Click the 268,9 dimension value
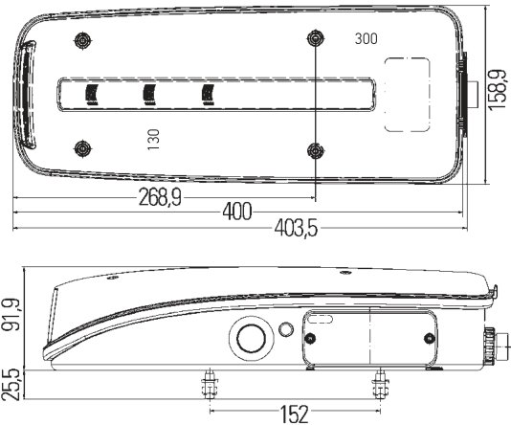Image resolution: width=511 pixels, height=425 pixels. coord(160,197)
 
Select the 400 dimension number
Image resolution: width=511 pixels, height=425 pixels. coord(237,212)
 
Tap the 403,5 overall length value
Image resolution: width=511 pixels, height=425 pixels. coord(296,228)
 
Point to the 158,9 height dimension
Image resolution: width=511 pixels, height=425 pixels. coord(498,90)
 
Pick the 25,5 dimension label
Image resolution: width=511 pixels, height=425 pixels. coord(11,385)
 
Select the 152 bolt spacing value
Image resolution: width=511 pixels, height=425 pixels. coord(295,414)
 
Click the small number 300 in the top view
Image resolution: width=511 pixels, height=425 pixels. coord(367,39)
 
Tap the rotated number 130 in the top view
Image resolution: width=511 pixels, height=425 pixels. coord(153,140)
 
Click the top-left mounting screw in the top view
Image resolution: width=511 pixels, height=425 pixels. coord(83,41)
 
